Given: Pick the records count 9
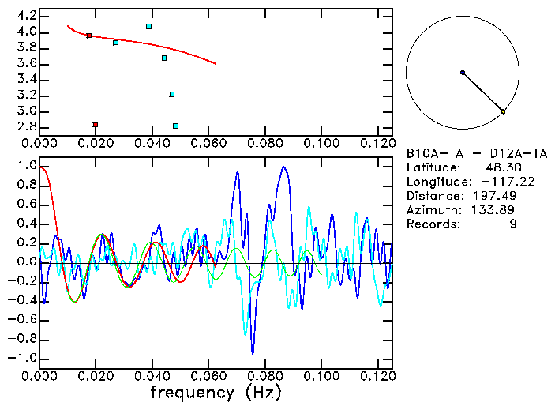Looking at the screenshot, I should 513,224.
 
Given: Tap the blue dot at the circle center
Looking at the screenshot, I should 463,73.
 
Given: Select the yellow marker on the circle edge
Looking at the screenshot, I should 503,111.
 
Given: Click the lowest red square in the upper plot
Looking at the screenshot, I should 96,125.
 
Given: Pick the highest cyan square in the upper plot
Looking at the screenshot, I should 148,26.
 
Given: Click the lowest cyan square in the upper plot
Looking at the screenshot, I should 175,126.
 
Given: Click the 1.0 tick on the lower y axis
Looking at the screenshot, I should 26,167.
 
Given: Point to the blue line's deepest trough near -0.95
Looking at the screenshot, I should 253,352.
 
